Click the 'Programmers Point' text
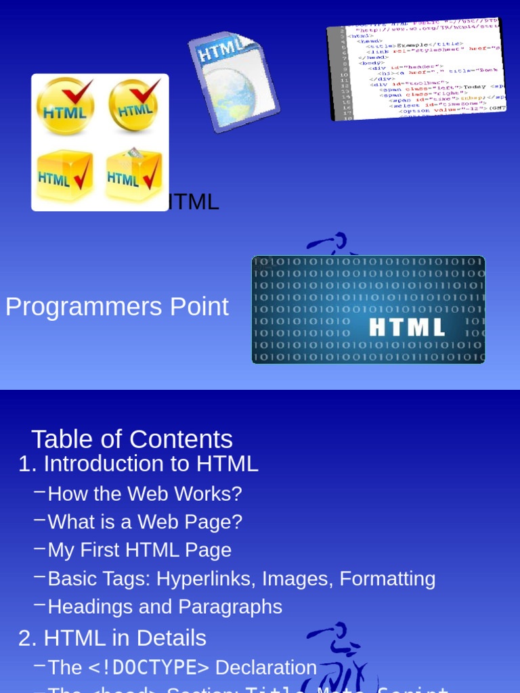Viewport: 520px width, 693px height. coord(117,307)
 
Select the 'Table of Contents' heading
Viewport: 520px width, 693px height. coord(132,439)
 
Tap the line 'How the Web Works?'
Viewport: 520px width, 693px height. coord(145,494)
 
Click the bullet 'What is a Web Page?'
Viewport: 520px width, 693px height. coord(145,522)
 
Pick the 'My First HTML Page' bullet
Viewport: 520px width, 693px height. coord(139,550)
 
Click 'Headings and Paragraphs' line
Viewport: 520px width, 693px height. coord(165,607)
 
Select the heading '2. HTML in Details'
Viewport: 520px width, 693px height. coord(112,638)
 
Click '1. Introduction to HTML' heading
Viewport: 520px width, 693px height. coord(138,464)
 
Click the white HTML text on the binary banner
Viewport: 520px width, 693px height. coord(407,327)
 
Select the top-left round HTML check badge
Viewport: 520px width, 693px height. coord(65,107)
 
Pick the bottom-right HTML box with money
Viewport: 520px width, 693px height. coord(134,175)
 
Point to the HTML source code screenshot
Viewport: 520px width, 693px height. coord(417,69)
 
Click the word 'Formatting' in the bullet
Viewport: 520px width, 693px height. coord(387,579)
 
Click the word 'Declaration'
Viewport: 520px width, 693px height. coord(266,668)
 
